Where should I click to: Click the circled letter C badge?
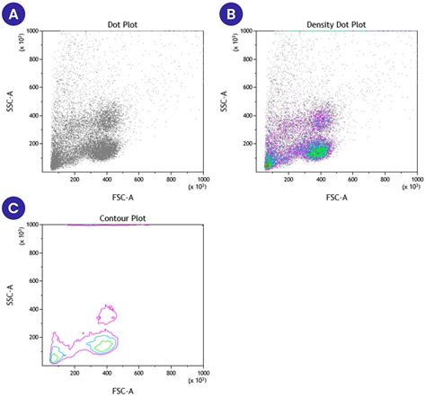pos(12,207)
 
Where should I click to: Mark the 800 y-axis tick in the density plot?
pos(254,58)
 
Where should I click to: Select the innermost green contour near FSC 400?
pos(103,345)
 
